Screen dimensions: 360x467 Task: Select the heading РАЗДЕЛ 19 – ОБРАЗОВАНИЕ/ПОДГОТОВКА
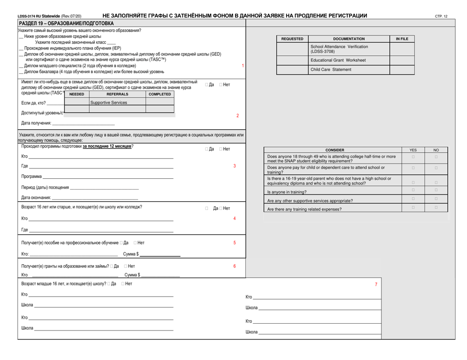tap(66, 23)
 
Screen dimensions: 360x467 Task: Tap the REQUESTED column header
tap(292, 38)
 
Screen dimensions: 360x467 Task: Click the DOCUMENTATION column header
tap(349, 38)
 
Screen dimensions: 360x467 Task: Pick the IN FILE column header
tap(402, 38)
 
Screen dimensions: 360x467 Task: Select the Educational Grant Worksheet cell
tap(338, 60)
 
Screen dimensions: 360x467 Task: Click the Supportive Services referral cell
tap(109, 103)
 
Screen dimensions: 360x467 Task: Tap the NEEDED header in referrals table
tap(77, 94)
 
